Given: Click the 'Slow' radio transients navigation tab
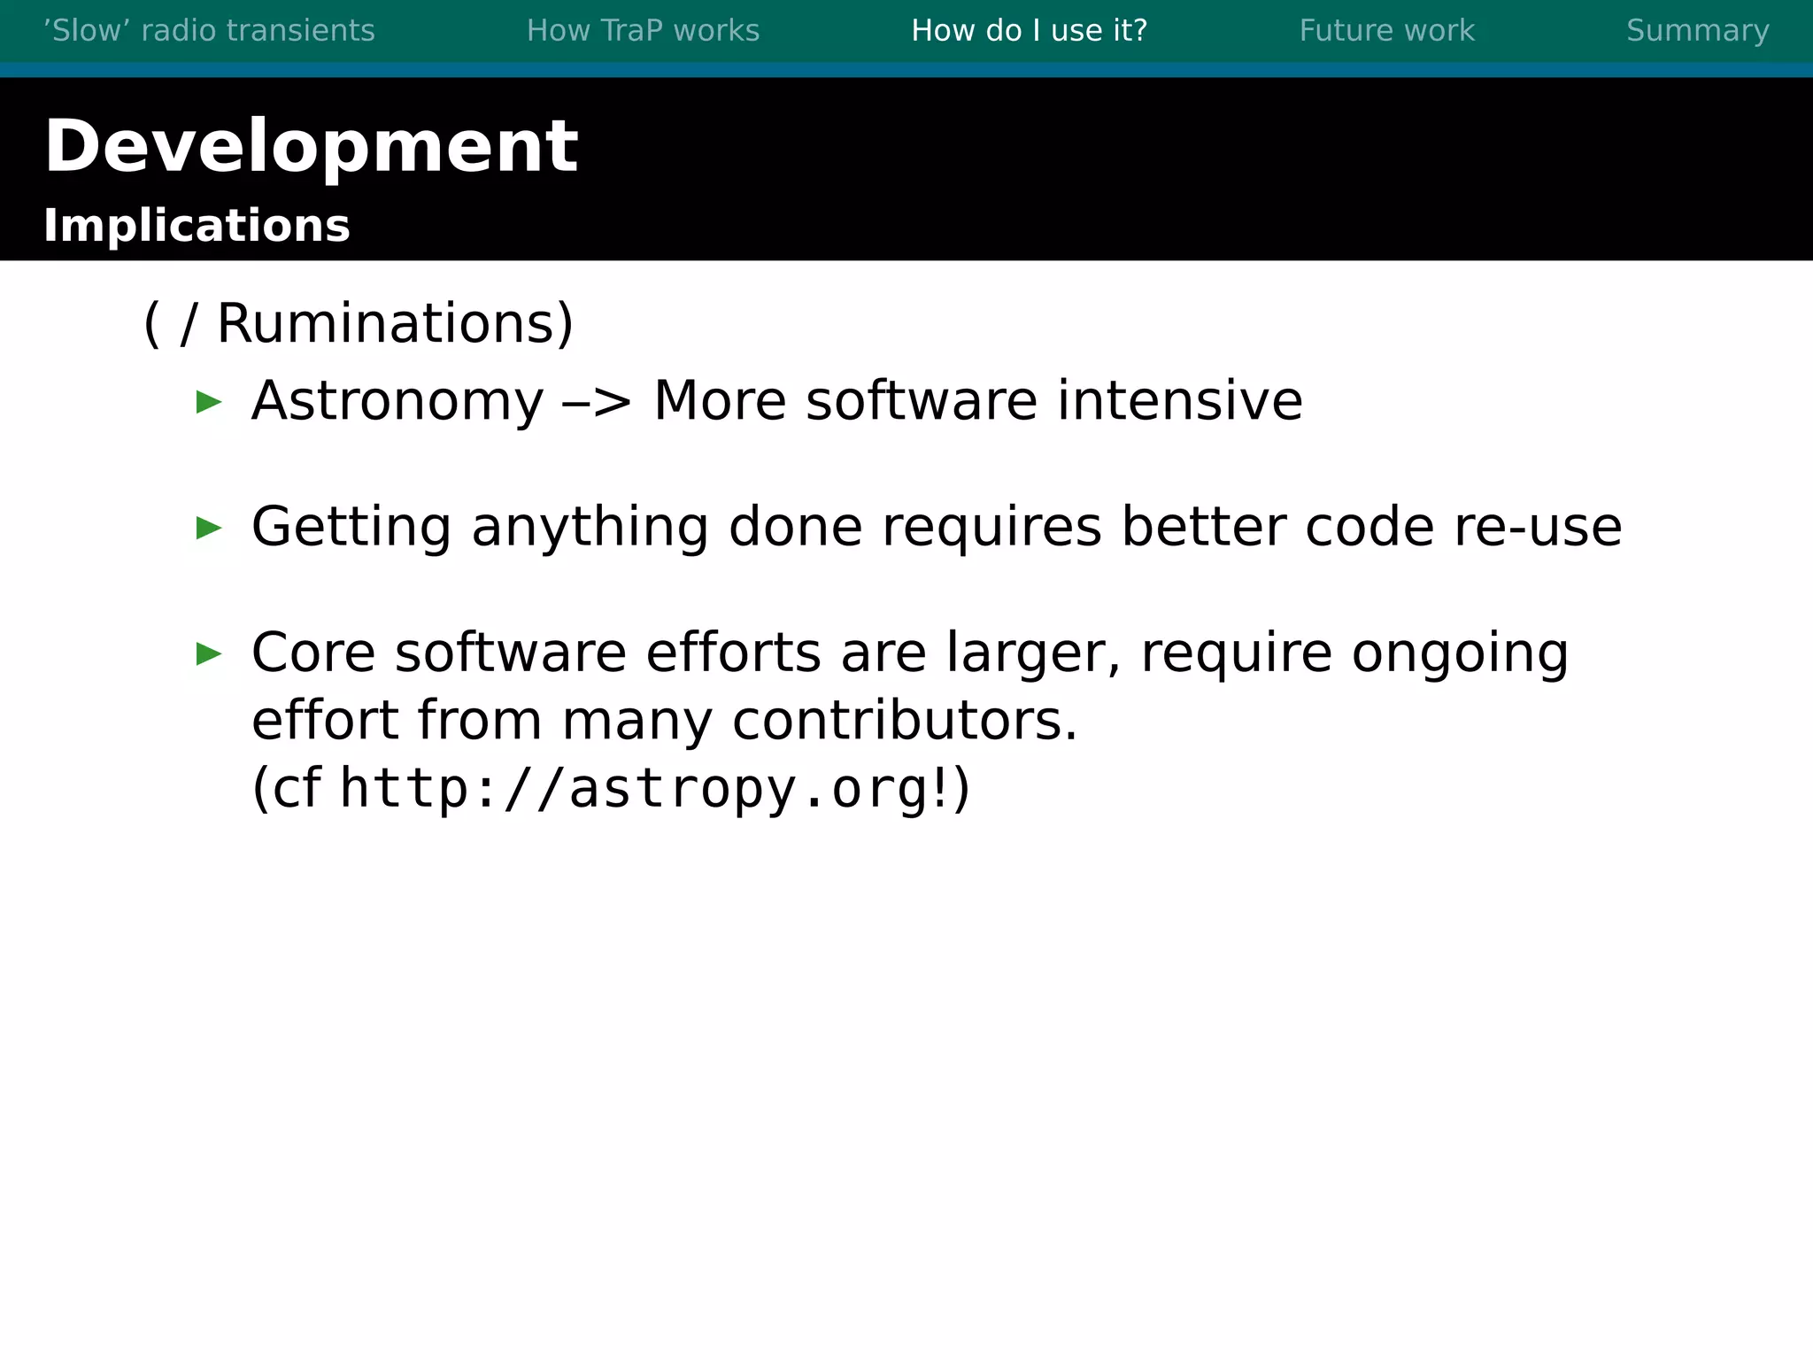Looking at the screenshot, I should click(209, 31).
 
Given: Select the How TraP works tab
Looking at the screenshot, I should click(643, 31).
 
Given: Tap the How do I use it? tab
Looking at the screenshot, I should click(1029, 31).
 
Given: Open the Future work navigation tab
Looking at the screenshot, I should click(1386, 31).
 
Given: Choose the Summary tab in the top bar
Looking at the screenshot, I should click(1697, 31).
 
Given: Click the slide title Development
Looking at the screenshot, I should click(311, 147).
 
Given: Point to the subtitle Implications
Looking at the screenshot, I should click(197, 226).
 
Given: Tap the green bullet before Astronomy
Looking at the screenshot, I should click(209, 403).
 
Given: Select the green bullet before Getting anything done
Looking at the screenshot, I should click(209, 529).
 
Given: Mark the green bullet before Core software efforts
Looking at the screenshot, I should click(209, 654).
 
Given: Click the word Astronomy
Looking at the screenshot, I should click(397, 401).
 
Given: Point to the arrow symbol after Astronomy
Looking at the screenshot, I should click(598, 403).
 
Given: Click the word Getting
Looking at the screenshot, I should click(351, 528).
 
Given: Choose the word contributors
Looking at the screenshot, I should click(905, 721).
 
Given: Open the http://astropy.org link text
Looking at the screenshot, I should click(633, 789).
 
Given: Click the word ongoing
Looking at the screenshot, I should click(1460, 653).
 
